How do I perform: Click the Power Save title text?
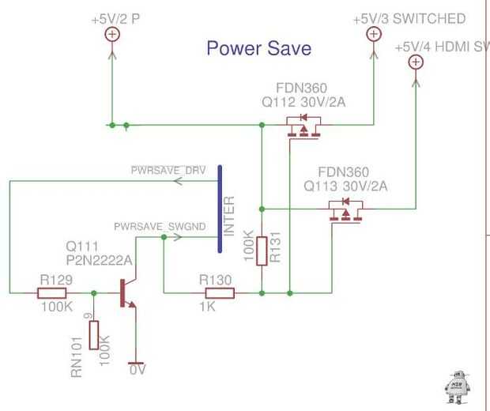258,48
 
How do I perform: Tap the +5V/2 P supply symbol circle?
111,33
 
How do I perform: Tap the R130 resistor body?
216,293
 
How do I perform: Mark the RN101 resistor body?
94,335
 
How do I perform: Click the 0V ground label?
138,369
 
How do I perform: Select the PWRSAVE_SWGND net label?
159,226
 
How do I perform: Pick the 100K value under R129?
55,307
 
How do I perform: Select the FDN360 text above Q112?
302,87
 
